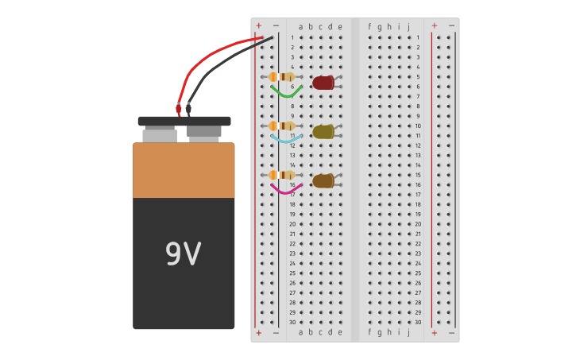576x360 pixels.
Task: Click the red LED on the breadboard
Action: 323,83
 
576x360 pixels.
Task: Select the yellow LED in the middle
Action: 323,132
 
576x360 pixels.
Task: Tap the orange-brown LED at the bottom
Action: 323,181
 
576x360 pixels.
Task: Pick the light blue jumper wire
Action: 285,140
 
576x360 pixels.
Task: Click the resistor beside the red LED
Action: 282,77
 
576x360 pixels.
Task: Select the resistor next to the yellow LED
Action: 282,126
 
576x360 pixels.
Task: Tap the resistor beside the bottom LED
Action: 282,175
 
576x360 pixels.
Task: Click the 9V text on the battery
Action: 183,254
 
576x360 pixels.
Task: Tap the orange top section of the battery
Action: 184,170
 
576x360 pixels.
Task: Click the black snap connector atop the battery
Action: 184,122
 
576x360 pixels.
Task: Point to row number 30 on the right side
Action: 418,322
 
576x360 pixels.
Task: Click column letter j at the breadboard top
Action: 408,27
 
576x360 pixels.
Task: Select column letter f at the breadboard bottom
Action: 369,332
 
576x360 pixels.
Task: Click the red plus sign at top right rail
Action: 434,25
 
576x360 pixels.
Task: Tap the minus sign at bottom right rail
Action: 451,333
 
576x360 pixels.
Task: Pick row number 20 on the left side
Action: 292,224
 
